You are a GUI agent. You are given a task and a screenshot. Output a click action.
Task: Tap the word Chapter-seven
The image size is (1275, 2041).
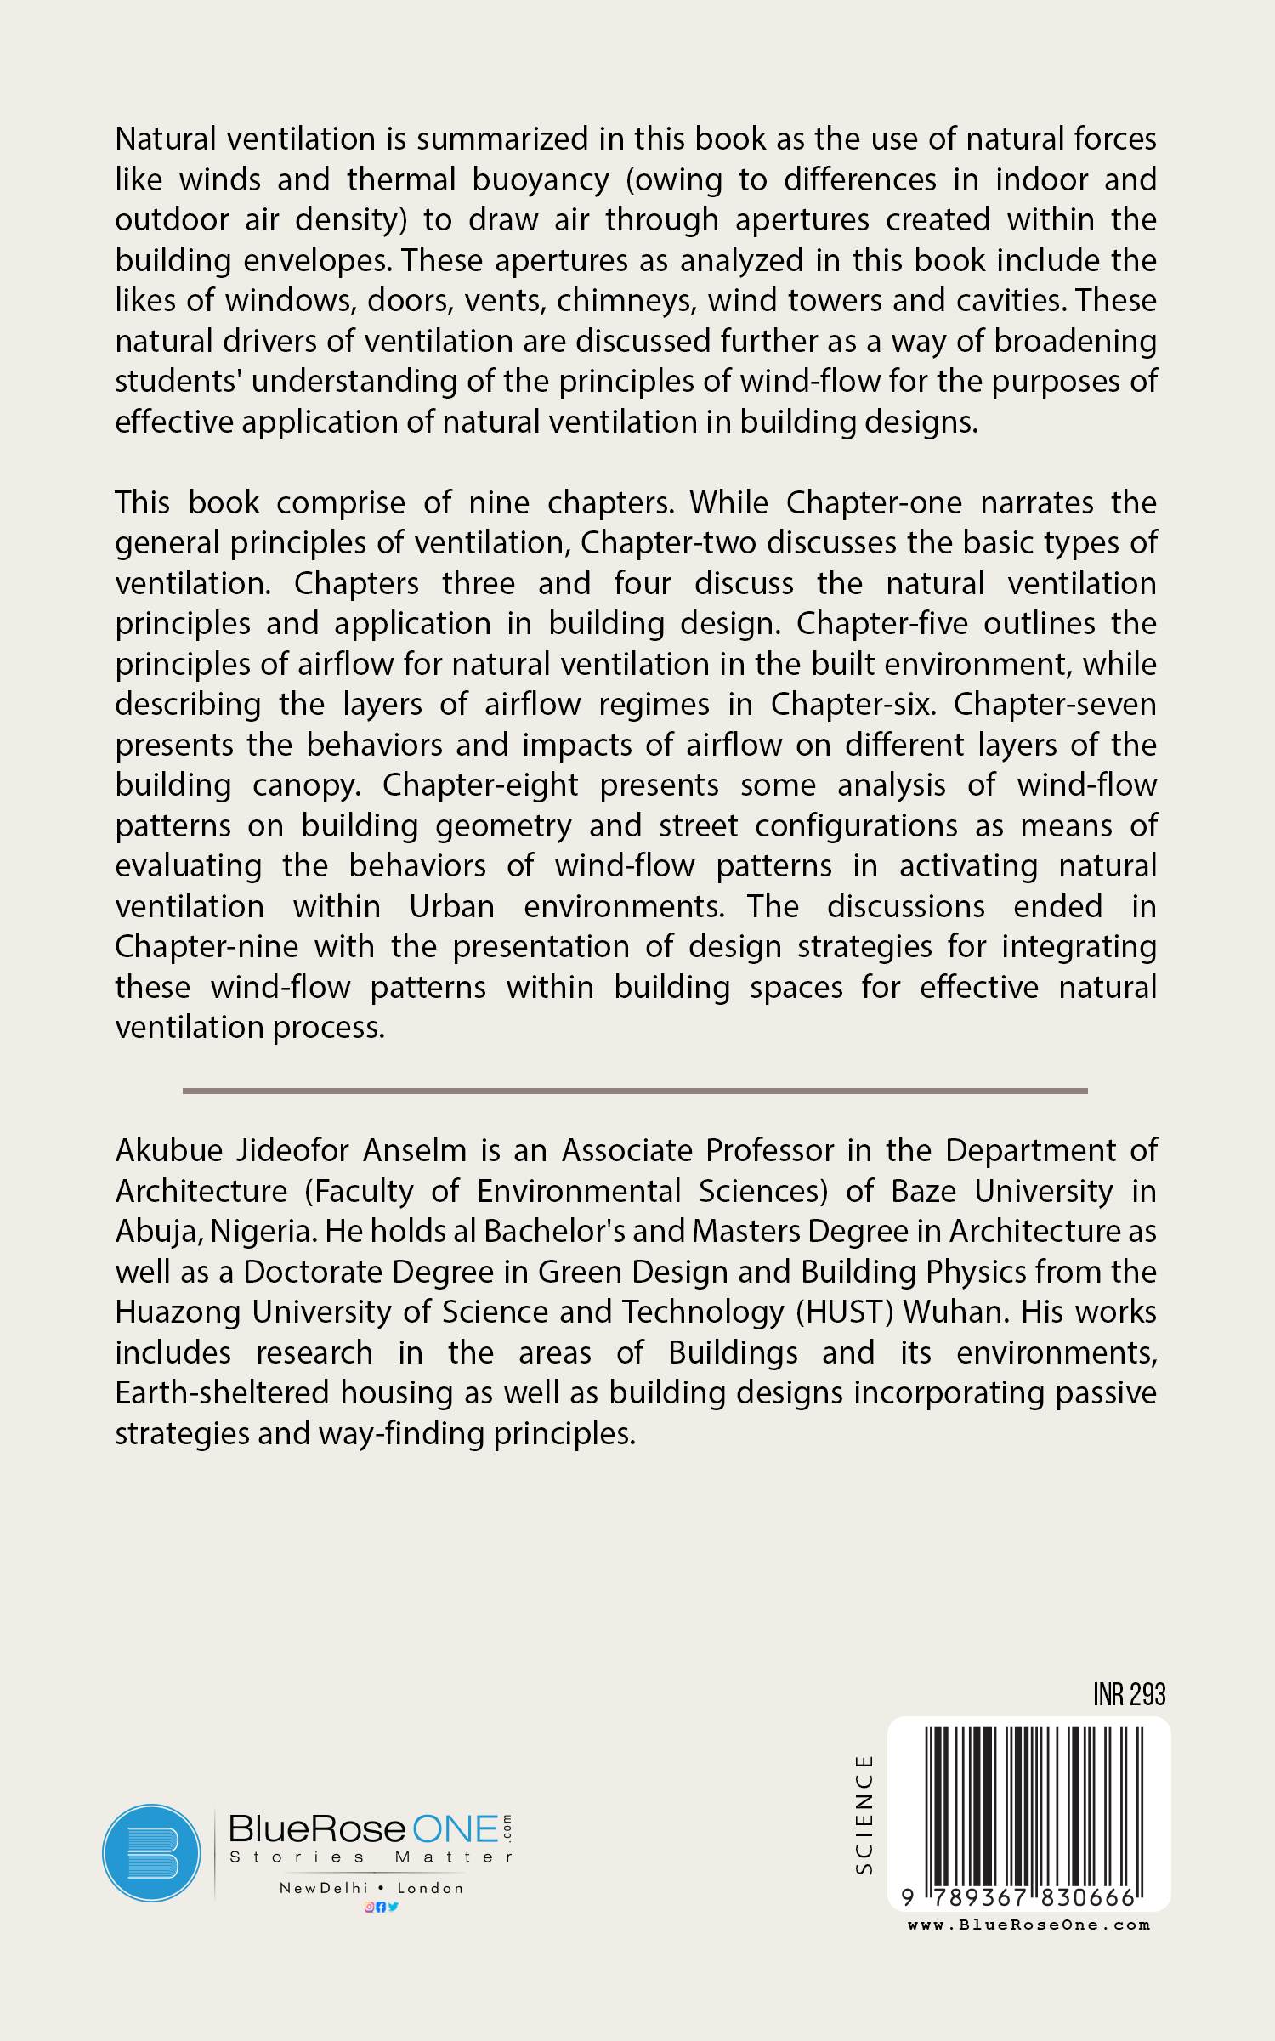pyautogui.click(x=1054, y=705)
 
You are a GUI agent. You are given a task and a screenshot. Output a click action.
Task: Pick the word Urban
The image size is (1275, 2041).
pyautogui.click(x=451, y=907)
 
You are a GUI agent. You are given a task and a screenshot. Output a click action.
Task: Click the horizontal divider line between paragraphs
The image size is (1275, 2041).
pyautogui.click(x=635, y=1091)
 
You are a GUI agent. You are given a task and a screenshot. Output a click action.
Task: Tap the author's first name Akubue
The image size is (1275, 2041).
pyautogui.click(x=169, y=1151)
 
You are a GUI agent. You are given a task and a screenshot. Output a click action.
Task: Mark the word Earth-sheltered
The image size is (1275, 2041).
pyautogui.click(x=222, y=1393)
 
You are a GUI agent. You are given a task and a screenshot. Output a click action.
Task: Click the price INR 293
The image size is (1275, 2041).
pyautogui.click(x=1129, y=1694)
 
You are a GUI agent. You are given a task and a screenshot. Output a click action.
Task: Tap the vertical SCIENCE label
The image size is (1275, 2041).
pyautogui.click(x=864, y=1815)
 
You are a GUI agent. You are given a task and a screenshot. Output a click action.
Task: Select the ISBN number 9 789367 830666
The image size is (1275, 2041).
pyautogui.click(x=1020, y=1897)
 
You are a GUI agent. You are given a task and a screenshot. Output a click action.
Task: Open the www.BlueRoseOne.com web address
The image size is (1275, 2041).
pyautogui.click(x=1028, y=1925)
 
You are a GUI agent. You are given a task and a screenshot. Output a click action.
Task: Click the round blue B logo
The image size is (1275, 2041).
pyautogui.click(x=152, y=1853)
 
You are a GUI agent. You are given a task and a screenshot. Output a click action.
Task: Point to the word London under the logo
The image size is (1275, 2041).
pyautogui.click(x=430, y=1888)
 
